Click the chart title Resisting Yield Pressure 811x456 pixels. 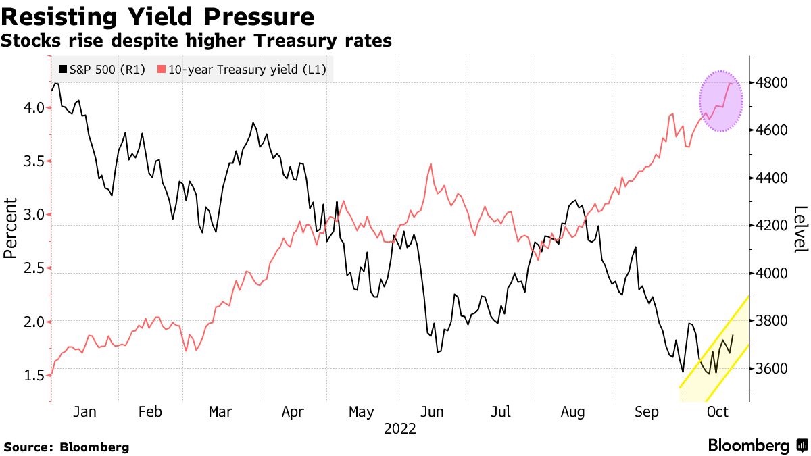tap(157, 16)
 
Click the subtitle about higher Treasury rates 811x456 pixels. tap(196, 41)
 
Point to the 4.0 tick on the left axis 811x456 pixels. tap(34, 108)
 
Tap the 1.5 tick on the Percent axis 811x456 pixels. tap(34, 376)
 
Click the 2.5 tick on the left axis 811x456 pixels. tap(34, 269)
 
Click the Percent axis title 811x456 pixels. tap(10, 228)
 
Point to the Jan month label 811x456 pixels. tap(84, 412)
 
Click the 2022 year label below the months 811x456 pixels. tap(399, 428)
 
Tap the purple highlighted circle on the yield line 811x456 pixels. tap(720, 101)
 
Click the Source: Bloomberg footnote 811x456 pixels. tap(66, 447)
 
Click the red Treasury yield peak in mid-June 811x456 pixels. tap(431, 163)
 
